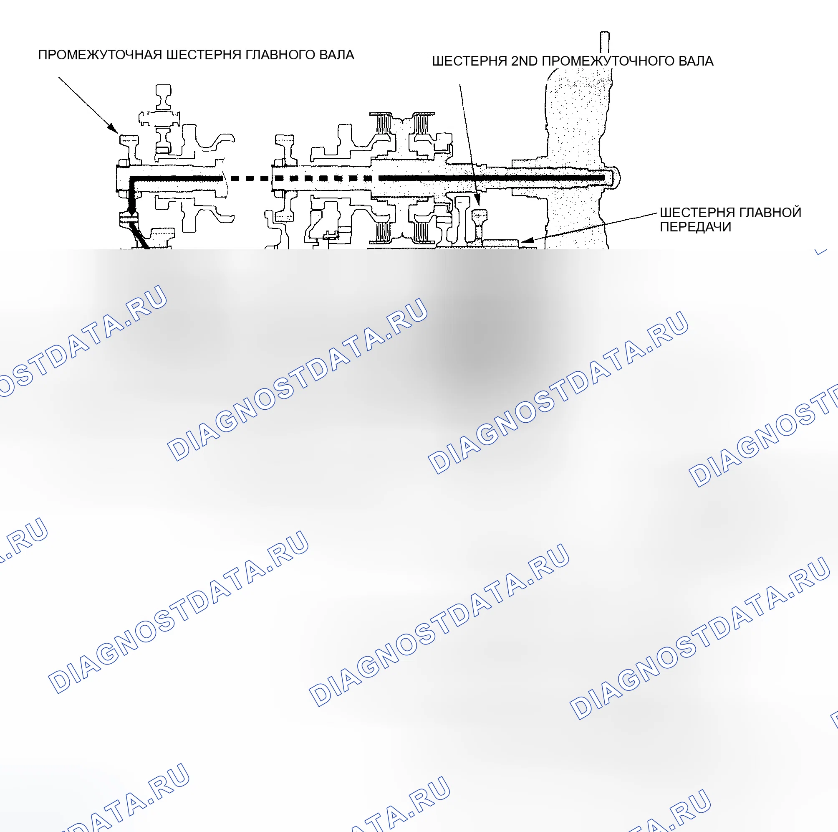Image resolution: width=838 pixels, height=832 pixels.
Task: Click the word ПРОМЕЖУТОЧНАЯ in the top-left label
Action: [x=100, y=55]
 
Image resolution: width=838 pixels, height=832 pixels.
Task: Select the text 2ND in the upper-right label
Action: [x=525, y=61]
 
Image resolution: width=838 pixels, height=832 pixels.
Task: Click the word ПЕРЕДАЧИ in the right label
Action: [x=695, y=227]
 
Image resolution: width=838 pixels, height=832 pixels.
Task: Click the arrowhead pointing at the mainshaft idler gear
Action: [x=114, y=129]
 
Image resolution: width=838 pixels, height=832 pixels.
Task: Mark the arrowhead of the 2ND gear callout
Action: [x=477, y=201]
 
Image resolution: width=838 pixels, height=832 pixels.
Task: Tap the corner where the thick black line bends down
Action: [x=132, y=178]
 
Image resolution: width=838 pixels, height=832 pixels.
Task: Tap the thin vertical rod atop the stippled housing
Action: [x=605, y=43]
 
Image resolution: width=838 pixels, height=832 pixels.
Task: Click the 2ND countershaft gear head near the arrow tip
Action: [x=479, y=215]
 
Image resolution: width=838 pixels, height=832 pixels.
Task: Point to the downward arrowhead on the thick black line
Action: [x=131, y=210]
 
